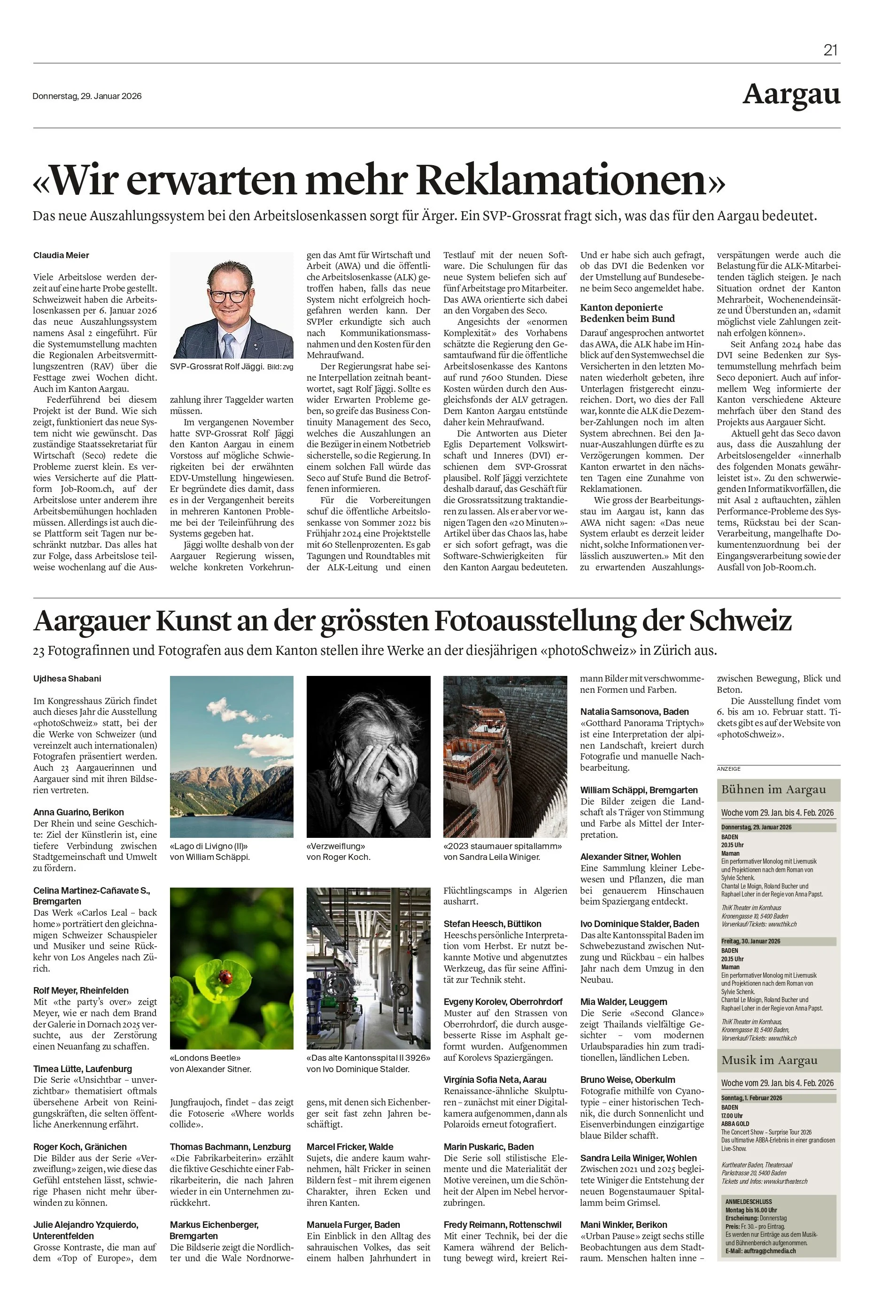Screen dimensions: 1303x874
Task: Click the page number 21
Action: [830, 50]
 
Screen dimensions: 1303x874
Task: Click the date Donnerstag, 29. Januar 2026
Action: [87, 96]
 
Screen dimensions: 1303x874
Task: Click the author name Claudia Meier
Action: [62, 255]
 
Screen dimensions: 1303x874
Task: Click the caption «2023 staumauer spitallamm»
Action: [502, 846]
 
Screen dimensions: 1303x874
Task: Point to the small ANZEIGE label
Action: [728, 769]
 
